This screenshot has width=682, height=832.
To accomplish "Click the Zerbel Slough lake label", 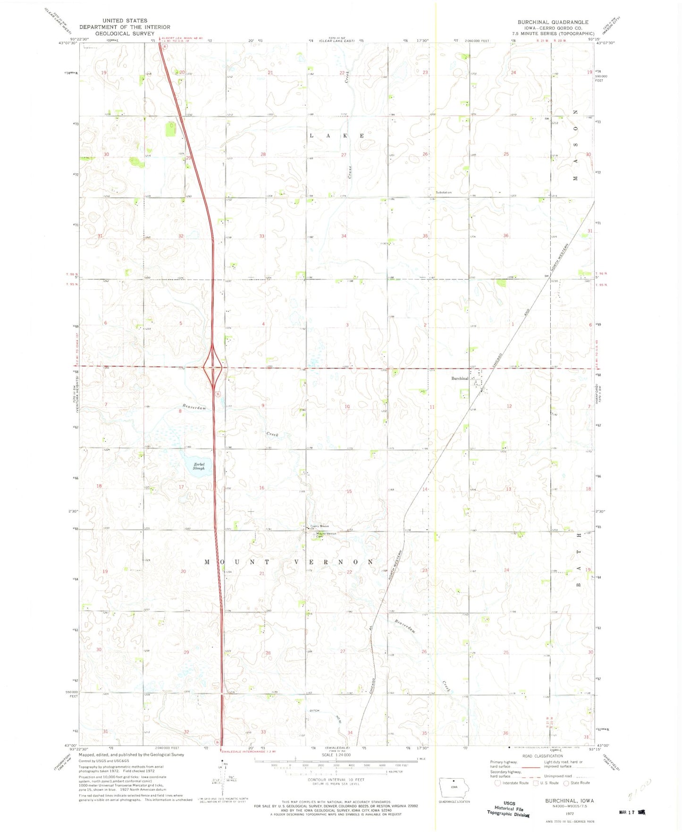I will (199, 466).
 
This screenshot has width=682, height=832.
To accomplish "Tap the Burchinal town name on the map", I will (460, 378).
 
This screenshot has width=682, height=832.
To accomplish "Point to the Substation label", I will (443, 193).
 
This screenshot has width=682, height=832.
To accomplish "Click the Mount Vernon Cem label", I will (326, 535).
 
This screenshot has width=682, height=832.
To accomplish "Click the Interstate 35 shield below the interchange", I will (217, 394).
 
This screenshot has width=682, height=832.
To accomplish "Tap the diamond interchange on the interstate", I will (214, 367).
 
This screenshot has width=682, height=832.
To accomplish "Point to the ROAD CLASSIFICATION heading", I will (542, 756).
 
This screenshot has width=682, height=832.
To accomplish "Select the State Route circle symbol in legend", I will (566, 783).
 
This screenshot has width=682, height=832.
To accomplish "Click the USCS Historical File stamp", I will (508, 808).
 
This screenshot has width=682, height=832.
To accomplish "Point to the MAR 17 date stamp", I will (632, 812).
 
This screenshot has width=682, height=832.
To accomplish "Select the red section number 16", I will (261, 487).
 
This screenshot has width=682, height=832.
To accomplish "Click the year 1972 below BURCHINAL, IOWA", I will (569, 814).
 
